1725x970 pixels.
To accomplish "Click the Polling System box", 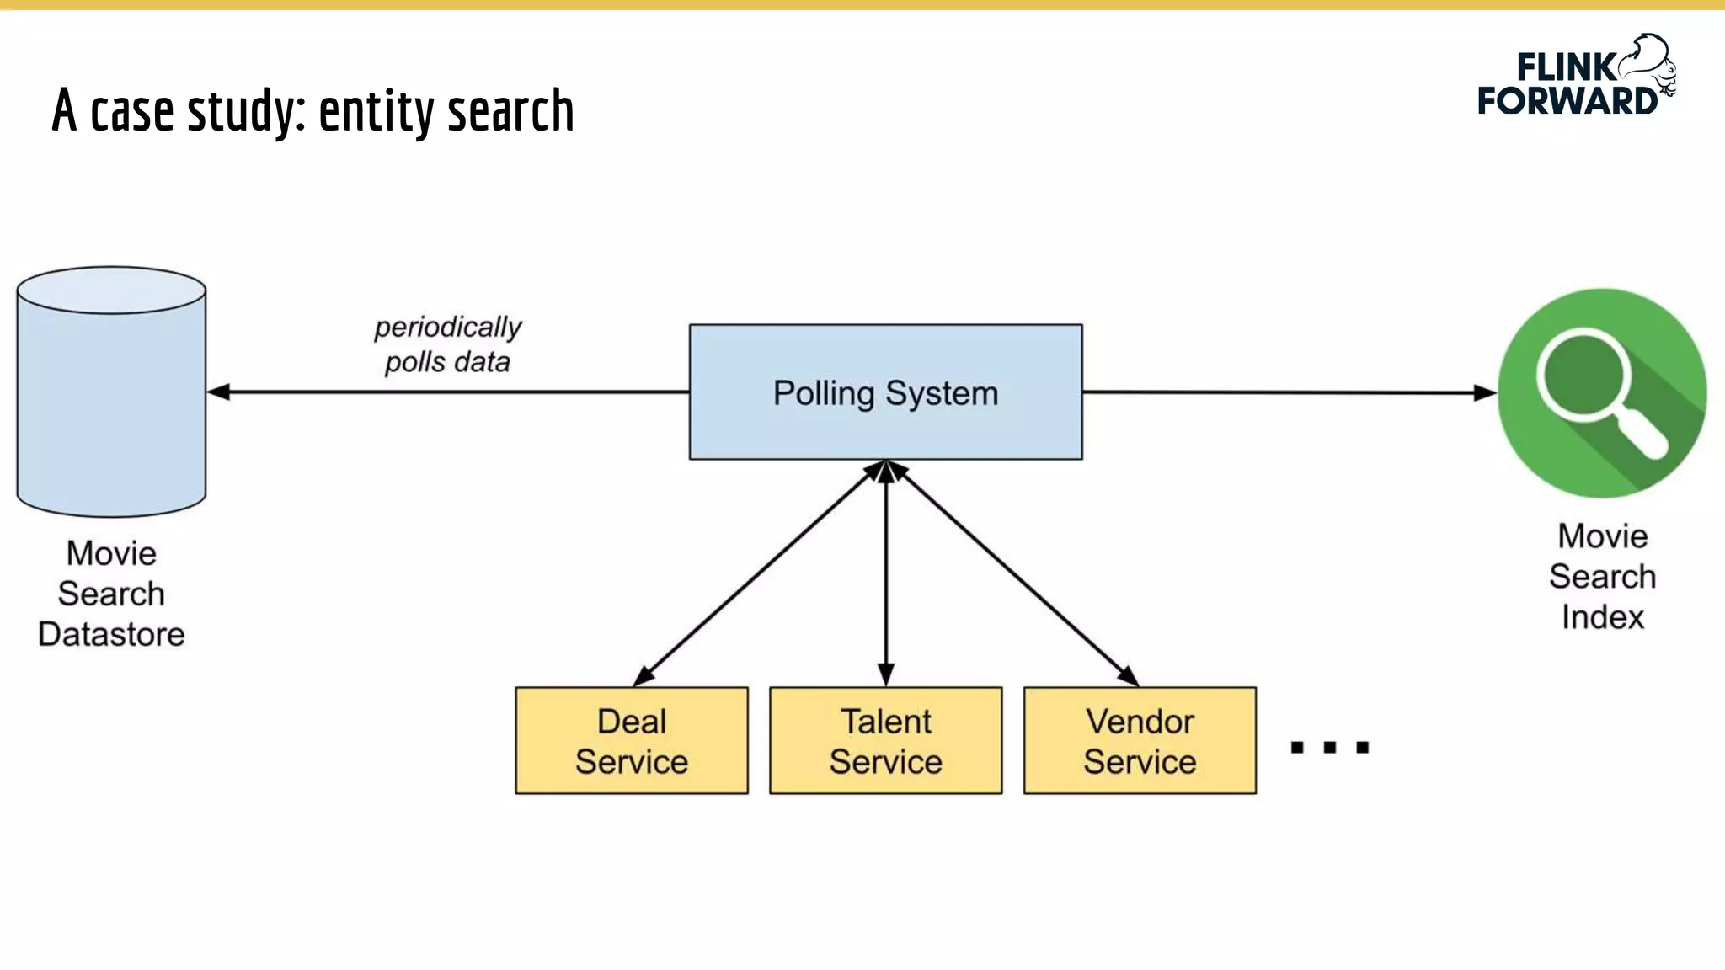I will click(885, 392).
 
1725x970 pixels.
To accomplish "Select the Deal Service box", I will click(632, 741).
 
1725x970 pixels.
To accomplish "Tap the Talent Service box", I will click(885, 741).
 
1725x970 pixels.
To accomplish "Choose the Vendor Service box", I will click(1140, 741).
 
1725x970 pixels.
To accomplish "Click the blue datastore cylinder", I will click(111, 404).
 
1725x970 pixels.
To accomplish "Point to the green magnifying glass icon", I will click(1602, 392).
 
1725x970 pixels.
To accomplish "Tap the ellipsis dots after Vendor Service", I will click(1330, 747).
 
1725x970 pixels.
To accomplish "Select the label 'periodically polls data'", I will click(446, 344).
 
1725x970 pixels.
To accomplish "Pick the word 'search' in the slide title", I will click(510, 111).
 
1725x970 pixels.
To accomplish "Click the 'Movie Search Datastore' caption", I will click(111, 594).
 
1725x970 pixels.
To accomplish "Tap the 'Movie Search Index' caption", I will click(1602, 577).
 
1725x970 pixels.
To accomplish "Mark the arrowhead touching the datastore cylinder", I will click(219, 392).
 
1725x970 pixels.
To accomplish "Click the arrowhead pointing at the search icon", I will click(1484, 392).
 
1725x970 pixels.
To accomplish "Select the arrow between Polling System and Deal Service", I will click(758, 573).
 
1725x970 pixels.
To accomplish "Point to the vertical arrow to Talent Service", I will click(885, 573).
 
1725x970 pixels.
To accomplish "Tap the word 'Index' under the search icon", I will click(1602, 617).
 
